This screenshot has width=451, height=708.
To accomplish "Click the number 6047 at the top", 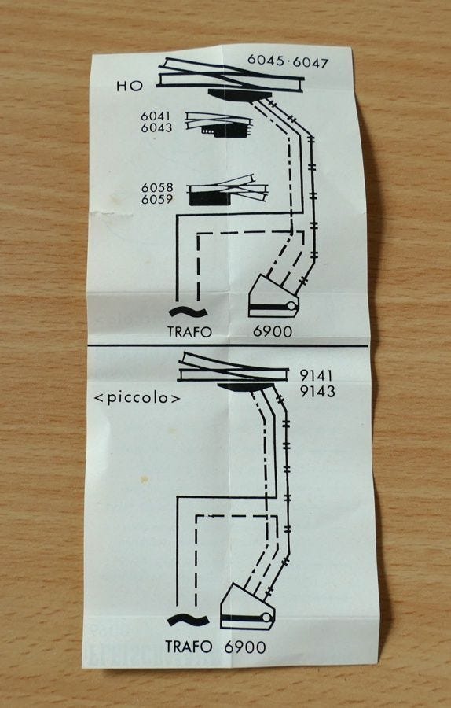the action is (x=310, y=62).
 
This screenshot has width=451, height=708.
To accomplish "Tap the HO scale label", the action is (x=130, y=86).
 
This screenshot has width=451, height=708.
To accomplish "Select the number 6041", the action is (x=156, y=116).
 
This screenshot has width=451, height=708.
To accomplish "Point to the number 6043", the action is (x=156, y=127).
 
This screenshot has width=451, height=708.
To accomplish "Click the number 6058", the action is (x=157, y=187).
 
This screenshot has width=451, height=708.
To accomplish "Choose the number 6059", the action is (x=157, y=199).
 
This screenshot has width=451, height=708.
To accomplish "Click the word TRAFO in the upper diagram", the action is (x=189, y=332).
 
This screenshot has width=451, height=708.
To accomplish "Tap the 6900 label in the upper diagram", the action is (x=273, y=331).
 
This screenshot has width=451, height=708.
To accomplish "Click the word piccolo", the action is (x=137, y=399).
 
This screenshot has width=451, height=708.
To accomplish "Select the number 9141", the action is (x=317, y=376).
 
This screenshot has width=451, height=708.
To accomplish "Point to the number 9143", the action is (x=317, y=391).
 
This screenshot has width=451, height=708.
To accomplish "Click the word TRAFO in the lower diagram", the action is (x=189, y=647).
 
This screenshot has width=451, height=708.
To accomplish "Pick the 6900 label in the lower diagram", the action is (x=245, y=647).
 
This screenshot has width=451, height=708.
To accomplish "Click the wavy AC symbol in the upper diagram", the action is (x=188, y=312).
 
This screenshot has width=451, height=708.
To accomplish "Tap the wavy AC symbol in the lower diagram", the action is (x=188, y=621).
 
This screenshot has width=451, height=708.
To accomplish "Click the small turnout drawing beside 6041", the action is (x=218, y=124).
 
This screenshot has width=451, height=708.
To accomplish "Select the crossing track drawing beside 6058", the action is (x=228, y=190).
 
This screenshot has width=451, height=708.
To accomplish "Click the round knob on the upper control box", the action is (x=291, y=306).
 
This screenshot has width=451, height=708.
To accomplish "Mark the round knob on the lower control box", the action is (x=266, y=618).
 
